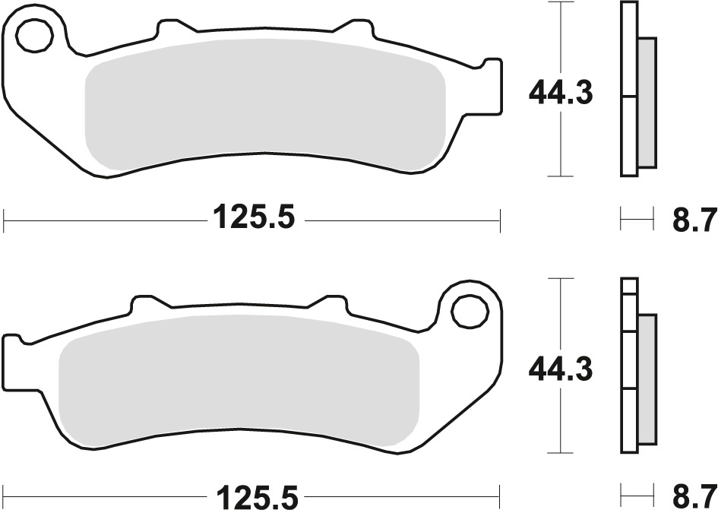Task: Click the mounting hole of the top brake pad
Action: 34,35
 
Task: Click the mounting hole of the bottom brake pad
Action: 469,311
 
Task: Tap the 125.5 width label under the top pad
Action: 253,217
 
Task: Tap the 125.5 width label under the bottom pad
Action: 257,496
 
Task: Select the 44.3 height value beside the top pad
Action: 561,93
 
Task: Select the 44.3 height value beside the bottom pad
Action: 561,369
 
